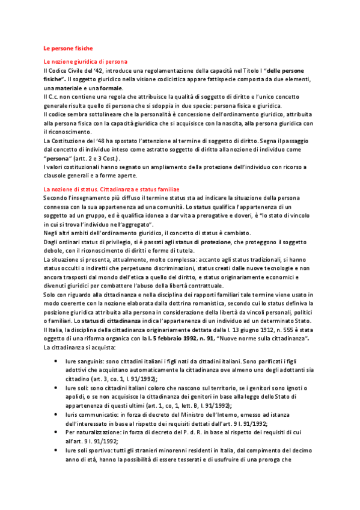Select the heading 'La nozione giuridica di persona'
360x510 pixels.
click(85, 62)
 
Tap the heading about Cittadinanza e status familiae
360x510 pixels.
click(107, 189)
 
